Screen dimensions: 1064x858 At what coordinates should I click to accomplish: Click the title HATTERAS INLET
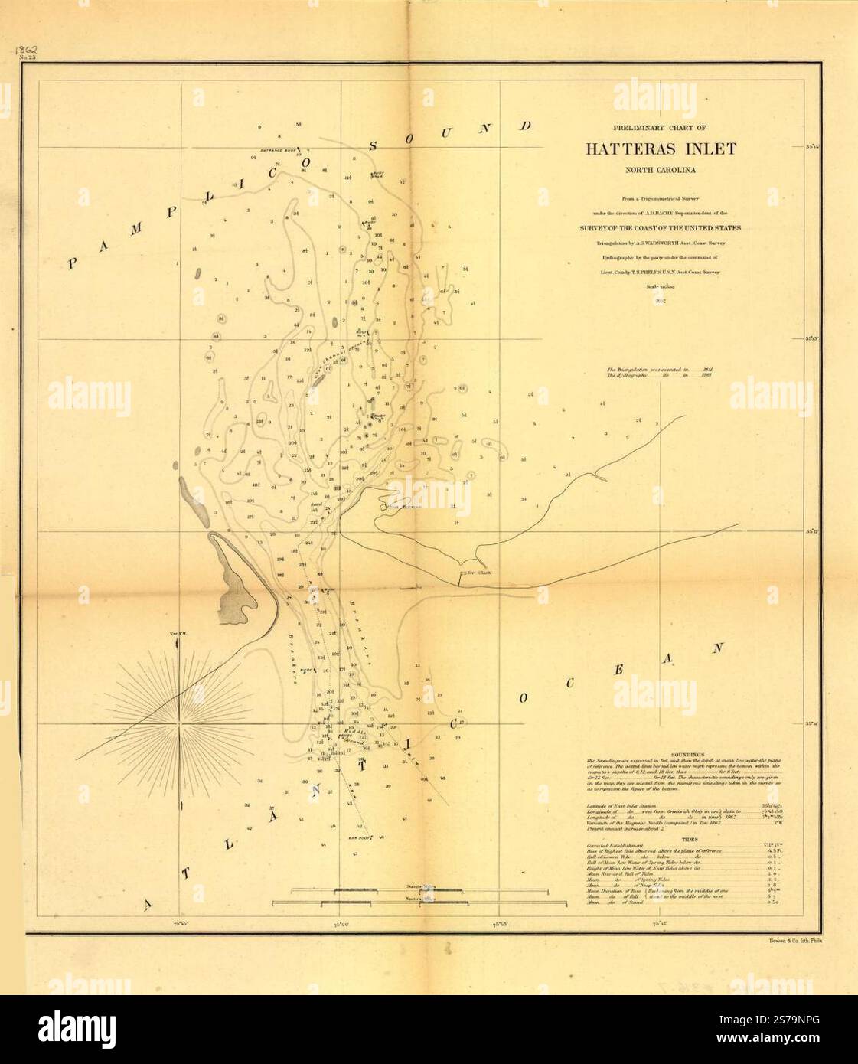661,149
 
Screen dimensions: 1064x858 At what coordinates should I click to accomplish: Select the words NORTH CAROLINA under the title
661,171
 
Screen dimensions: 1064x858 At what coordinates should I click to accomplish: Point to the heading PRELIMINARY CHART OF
661,129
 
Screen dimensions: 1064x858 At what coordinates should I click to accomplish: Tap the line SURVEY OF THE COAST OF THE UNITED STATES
661,227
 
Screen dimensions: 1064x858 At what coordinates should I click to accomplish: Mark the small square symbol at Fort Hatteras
385,506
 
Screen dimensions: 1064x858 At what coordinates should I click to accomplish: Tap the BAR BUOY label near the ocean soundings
359,838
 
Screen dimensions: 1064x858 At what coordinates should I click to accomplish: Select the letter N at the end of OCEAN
717,648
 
